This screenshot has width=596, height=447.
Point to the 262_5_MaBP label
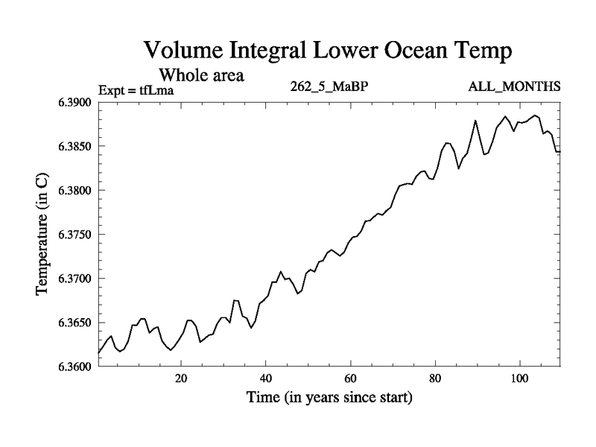click(x=329, y=86)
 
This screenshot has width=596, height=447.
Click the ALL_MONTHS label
click(x=514, y=86)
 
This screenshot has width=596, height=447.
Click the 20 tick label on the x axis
click(x=181, y=378)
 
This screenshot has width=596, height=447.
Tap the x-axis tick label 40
click(x=265, y=378)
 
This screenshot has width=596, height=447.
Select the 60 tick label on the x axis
click(x=350, y=378)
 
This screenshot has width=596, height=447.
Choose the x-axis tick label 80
click(x=434, y=378)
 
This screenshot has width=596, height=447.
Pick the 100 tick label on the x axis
click(x=519, y=378)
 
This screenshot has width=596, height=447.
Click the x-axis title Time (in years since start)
click(x=329, y=398)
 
